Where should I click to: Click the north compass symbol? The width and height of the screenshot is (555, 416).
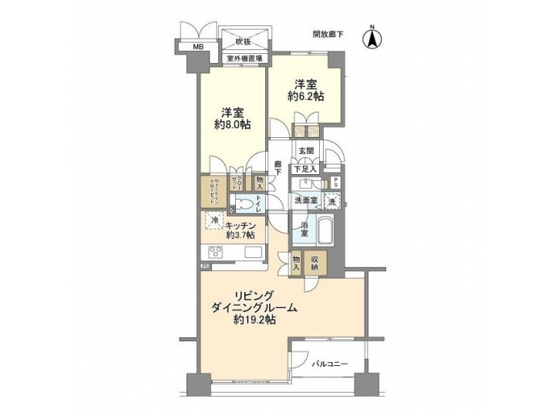coord(372,39)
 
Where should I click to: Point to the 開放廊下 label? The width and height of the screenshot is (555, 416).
coord(328,35)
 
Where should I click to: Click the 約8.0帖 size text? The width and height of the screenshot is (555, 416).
coord(230,126)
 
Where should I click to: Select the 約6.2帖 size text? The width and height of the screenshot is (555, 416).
coord(307,96)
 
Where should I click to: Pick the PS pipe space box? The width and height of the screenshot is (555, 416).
coord(335,183)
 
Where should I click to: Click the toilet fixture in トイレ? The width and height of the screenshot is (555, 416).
coord(245,204)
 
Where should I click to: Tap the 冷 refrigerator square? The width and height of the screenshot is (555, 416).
coord(214,221)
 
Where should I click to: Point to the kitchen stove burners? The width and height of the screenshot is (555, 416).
coord(213,254)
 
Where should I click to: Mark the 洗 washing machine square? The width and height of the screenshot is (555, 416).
coord(331,202)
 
